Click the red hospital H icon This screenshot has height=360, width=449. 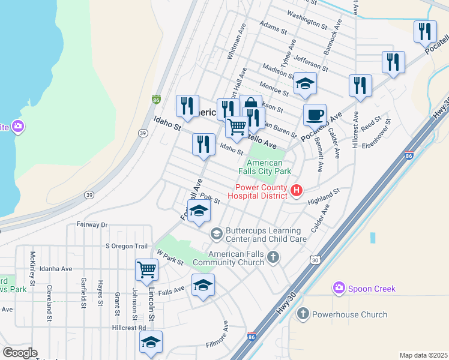coord(296,191)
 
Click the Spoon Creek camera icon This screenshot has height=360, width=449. coord(340,289)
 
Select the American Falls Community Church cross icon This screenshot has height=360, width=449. coord(273,257)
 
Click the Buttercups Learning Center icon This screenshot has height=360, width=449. coord(216,232)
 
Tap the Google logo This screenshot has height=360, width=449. coord(20,353)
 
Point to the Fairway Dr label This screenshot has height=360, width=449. coord(91,224)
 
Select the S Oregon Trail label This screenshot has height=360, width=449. coord(126,246)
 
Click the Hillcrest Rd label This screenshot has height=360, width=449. coord(128,328)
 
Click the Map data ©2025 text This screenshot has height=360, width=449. coord(423,355)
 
